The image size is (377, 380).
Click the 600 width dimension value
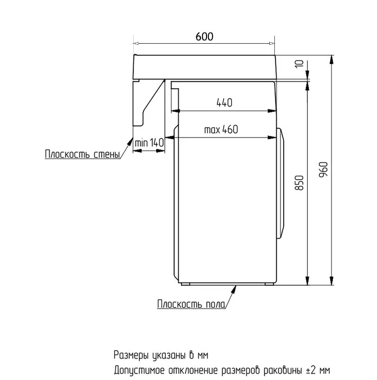204,37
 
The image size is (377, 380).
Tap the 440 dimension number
224,103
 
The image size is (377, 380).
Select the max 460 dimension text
221,130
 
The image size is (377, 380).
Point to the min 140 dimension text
149,143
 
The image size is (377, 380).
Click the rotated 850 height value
299,183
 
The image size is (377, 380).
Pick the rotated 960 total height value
323,170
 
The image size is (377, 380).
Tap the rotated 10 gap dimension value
299,64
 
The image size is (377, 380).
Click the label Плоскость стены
83,154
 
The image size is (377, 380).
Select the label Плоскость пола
191,304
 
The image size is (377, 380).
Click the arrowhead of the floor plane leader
234,289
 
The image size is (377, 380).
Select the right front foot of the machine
269,284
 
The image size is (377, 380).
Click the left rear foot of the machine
186,284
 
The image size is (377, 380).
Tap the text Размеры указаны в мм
161,355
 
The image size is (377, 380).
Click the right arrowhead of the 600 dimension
272,44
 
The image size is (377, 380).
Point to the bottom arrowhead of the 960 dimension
331,281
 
